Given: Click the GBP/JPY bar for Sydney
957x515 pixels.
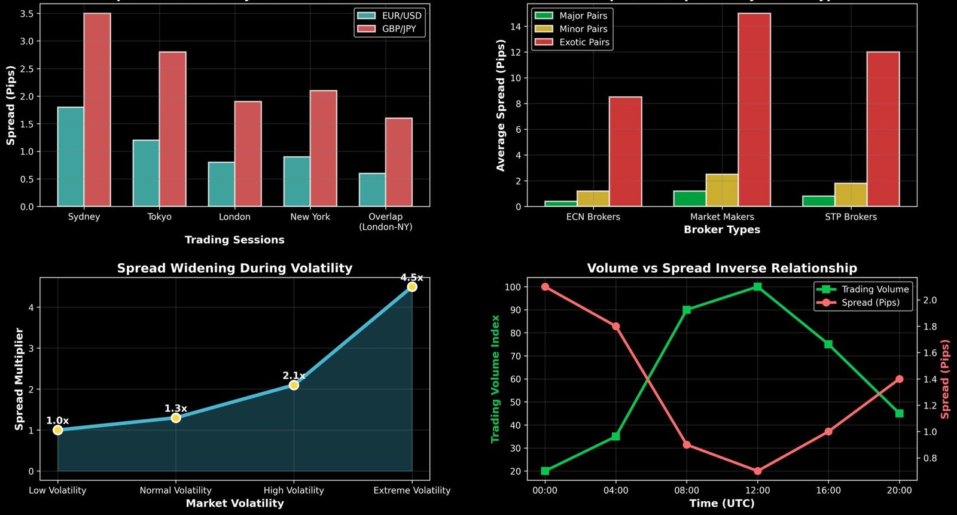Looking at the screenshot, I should (x=97, y=110).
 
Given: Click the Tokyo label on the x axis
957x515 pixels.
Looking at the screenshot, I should (x=159, y=217).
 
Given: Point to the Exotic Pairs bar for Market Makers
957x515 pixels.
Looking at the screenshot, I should (x=754, y=110).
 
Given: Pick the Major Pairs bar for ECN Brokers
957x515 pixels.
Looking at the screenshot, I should (x=560, y=203).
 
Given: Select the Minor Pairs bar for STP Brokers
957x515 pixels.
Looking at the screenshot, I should (x=851, y=195).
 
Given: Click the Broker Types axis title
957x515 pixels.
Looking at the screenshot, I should (x=722, y=230).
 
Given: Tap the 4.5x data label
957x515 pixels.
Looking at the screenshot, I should (x=412, y=278).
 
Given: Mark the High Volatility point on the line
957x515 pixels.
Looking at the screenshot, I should (x=294, y=385).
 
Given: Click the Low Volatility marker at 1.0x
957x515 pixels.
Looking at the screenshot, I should (x=57, y=430).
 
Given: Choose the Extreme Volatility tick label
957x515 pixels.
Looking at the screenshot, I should (x=412, y=490).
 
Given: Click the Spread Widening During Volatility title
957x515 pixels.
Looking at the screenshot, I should (x=234, y=268).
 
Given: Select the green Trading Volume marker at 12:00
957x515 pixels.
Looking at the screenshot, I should (x=757, y=287).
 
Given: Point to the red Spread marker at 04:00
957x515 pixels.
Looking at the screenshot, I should (x=615, y=327).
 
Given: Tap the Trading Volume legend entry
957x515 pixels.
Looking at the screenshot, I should (x=862, y=290).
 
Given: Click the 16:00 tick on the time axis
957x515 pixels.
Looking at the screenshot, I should (x=828, y=490).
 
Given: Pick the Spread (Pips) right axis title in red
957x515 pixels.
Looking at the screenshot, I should (x=945, y=379).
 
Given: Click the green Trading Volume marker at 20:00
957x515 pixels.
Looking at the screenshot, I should (x=899, y=413).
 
